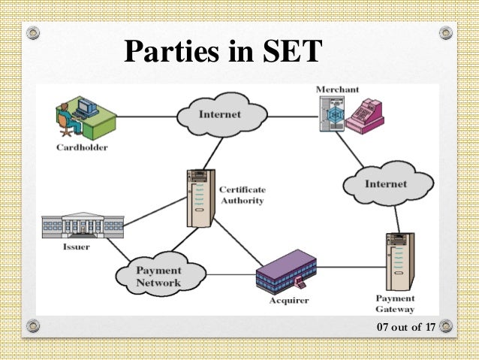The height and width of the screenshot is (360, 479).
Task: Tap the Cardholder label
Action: click(82, 147)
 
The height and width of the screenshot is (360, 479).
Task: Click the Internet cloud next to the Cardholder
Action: click(221, 115)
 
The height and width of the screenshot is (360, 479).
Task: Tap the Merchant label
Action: click(332, 89)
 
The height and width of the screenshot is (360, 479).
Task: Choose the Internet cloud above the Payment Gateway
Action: click(386, 183)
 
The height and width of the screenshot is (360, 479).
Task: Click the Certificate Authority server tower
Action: click(200, 197)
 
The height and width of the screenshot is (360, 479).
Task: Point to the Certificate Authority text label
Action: click(243, 195)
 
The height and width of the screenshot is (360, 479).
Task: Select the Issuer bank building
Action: click(83, 225)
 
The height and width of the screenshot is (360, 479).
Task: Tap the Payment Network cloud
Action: click(158, 276)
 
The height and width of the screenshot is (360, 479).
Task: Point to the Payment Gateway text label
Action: click(395, 304)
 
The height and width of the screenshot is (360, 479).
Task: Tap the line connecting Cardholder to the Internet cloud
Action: click(146, 116)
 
